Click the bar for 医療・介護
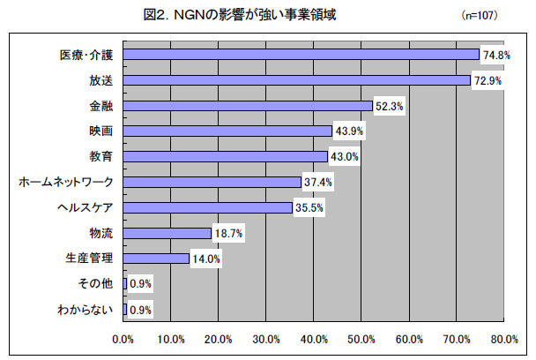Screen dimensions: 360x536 (301, 54)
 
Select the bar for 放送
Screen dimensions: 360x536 (297, 79)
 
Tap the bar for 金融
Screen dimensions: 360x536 (249, 105)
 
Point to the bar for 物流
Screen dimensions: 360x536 (168, 233)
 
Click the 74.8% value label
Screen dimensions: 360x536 (495, 54)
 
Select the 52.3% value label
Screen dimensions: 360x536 (389, 105)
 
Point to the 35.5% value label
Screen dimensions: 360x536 (309, 207)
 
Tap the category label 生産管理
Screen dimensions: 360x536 (90, 259)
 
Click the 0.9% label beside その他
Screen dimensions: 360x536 (141, 284)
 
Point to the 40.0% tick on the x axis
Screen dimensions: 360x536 (314, 339)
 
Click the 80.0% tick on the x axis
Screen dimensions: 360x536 (503, 339)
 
